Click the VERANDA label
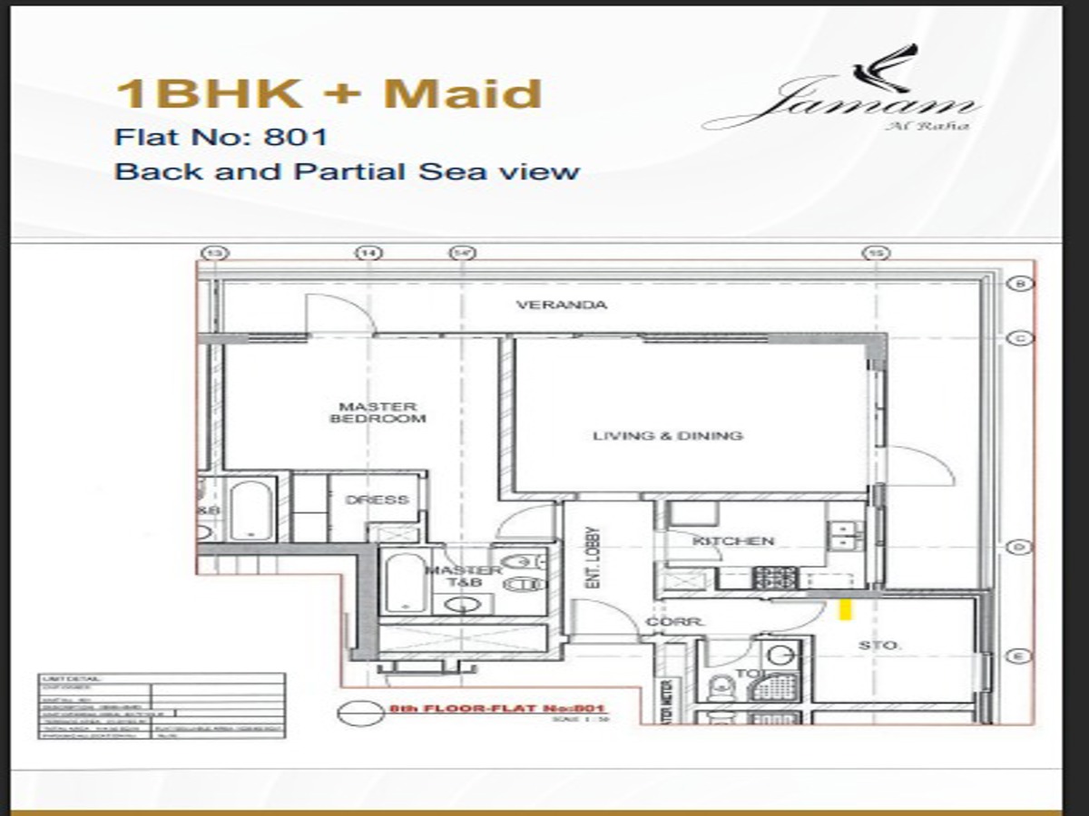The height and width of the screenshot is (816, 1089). click(x=561, y=306)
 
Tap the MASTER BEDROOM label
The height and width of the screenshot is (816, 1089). click(x=378, y=413)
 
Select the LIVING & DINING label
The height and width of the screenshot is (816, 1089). click(x=667, y=436)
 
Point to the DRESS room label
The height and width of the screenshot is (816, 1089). click(x=378, y=500)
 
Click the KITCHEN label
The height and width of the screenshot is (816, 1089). click(x=733, y=541)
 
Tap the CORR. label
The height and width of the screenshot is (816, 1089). click(x=663, y=623)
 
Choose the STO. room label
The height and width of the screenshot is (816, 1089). click(x=878, y=646)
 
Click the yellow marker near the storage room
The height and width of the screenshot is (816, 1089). click(x=844, y=609)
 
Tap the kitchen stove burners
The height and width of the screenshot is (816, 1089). click(x=775, y=577)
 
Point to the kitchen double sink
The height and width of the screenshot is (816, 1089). click(x=845, y=535)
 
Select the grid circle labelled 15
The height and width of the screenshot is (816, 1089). click(x=875, y=253)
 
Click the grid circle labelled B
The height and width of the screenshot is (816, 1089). click(x=1019, y=284)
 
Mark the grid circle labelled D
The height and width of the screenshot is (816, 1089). click(x=1019, y=547)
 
